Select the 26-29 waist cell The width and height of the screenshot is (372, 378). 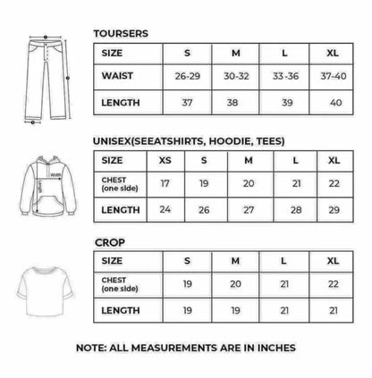coord(188,77)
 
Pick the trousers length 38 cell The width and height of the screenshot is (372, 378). coord(233,103)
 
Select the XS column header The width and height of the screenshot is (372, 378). coord(164,161)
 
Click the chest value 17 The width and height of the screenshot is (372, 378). coord(164,183)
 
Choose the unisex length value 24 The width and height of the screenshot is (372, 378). coord(164,210)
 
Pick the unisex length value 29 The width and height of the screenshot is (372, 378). coord(334,210)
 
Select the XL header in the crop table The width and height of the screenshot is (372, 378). coord(334,261)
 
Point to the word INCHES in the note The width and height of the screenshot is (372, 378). coord(274,347)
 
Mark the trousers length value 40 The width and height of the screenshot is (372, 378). coord(334,103)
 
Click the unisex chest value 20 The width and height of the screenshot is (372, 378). coord(249,183)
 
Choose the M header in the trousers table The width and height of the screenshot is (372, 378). coord(233,53)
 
